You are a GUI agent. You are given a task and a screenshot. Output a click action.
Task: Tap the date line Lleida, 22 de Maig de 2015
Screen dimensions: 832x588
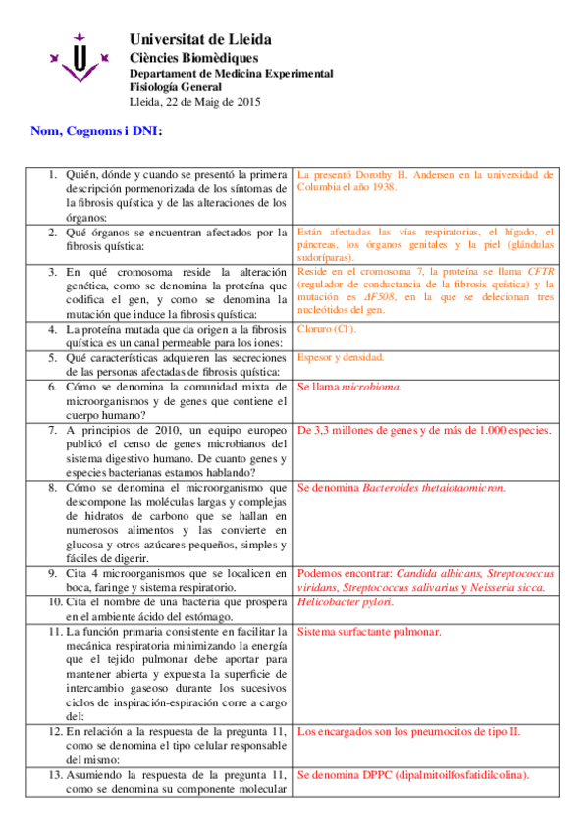click(195, 101)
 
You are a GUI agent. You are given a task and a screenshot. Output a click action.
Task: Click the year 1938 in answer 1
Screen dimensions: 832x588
click(380, 186)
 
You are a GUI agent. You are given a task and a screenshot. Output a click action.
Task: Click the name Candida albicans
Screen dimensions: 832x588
click(438, 573)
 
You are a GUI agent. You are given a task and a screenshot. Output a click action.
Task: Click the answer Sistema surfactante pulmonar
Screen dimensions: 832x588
click(368, 631)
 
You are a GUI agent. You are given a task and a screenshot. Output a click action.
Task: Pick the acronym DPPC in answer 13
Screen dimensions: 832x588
click(378, 775)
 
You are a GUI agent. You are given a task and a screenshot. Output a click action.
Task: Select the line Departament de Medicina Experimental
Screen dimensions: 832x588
click(231, 74)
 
